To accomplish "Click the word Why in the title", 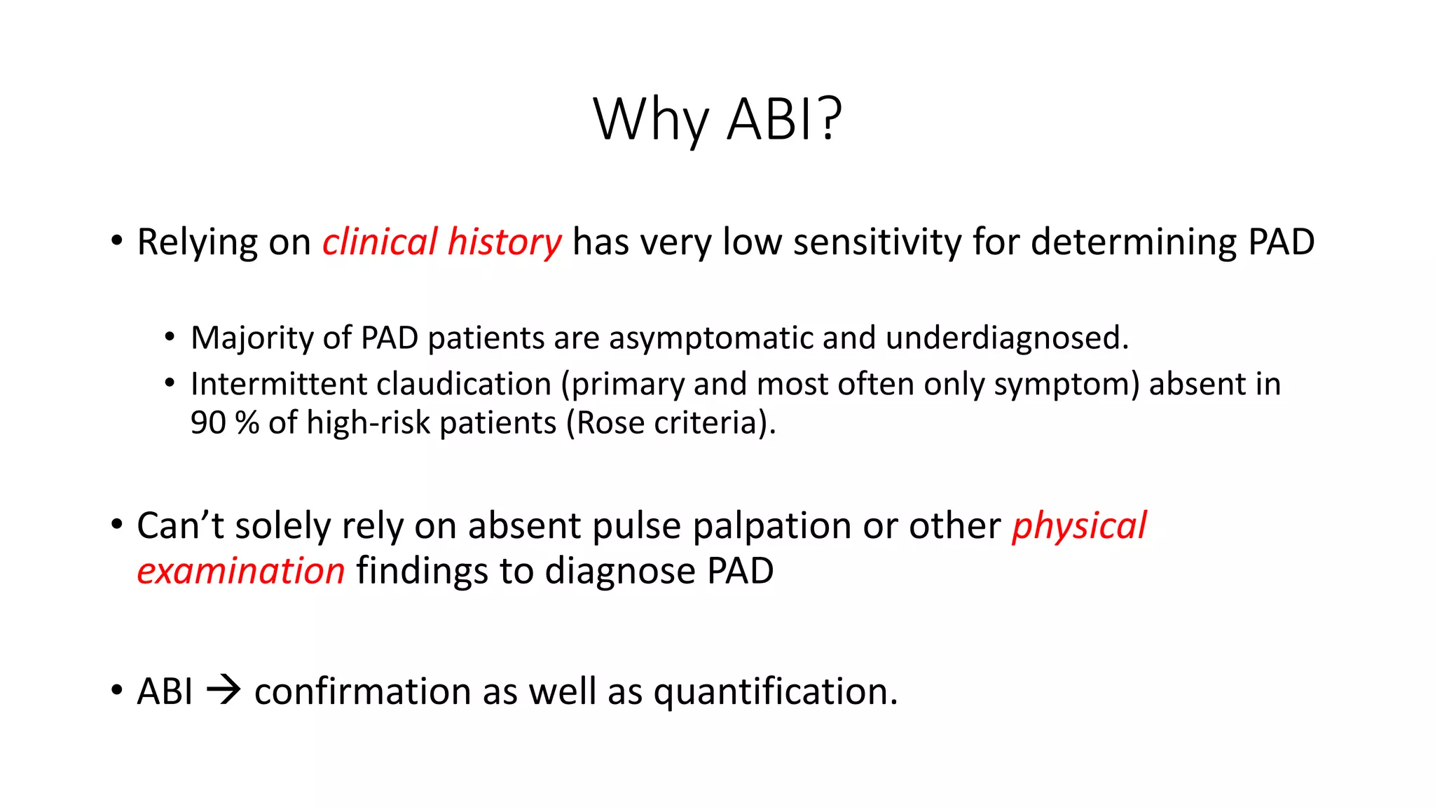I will click(651, 120).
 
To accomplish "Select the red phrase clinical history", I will click(441, 242).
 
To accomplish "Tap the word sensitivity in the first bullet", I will click(877, 242).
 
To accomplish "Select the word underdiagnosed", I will click(1006, 338).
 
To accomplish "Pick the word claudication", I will click(464, 385).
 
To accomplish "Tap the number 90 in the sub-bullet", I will click(208, 423).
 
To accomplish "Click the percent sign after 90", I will click(247, 423).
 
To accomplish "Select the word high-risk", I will click(368, 423).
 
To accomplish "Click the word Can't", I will click(180, 526).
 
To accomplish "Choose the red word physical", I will click(1079, 526).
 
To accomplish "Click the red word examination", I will click(241, 571).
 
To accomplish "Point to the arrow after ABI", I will click(224, 691).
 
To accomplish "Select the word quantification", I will click(775, 692).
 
